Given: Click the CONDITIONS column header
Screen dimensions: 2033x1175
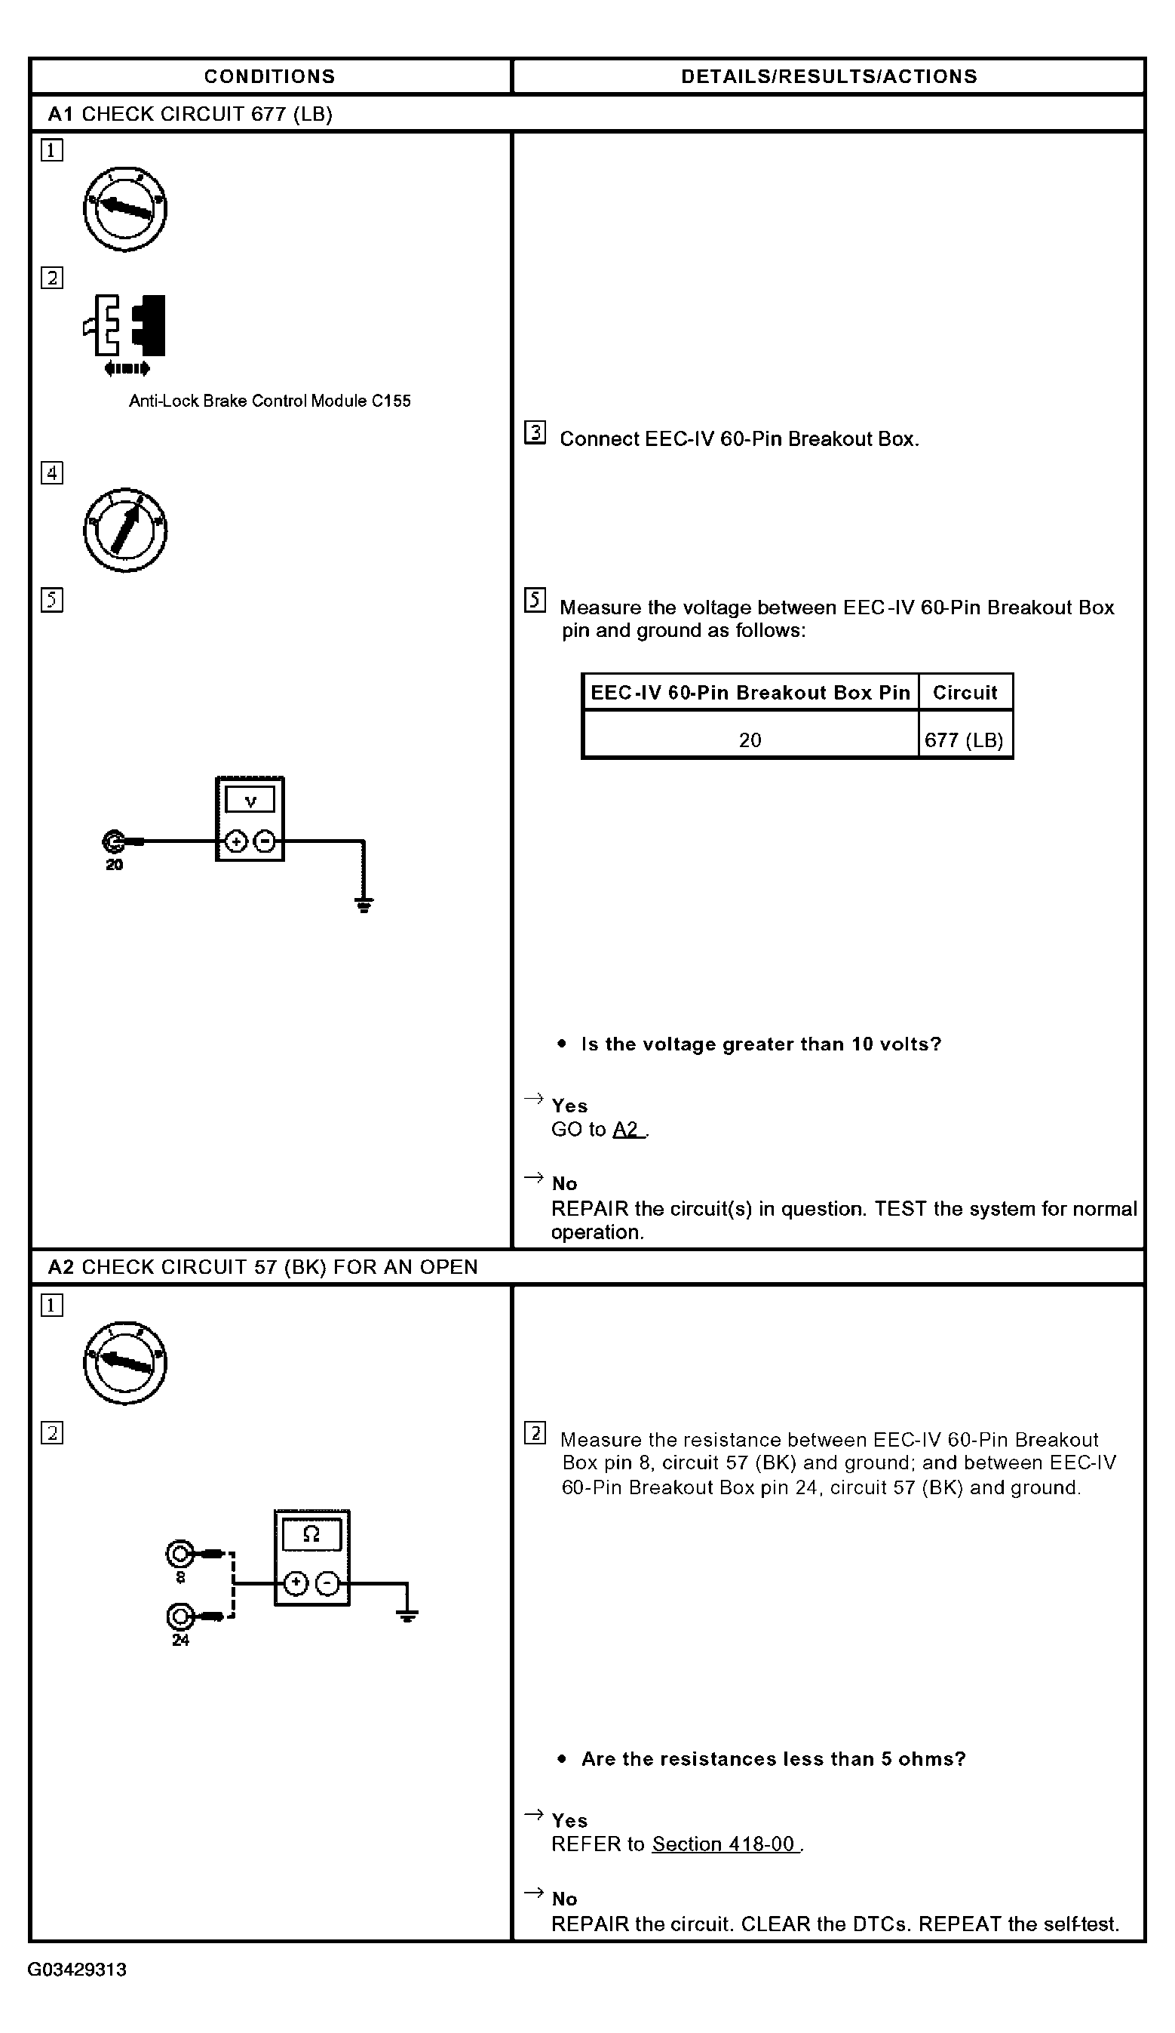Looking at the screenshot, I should pos(269,77).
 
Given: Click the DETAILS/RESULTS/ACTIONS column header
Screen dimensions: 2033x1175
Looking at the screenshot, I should pos(828,77).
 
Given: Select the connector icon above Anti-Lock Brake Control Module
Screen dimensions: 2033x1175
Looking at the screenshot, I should pos(126,331).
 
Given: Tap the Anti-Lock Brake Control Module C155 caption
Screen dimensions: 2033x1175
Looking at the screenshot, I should pos(269,401).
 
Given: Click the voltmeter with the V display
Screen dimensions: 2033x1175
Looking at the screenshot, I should pos(250,818).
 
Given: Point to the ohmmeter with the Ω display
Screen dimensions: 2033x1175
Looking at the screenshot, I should pos(312,1557).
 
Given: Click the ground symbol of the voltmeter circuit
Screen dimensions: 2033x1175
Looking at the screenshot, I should pos(364,904).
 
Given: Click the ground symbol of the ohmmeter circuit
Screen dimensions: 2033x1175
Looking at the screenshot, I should pos(407,1615).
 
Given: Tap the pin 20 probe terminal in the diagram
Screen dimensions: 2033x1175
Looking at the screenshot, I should pos(113,841).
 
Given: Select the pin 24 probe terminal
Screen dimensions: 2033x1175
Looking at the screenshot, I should pos(179,1616).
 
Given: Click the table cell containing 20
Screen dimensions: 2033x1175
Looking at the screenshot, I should pos(750,740).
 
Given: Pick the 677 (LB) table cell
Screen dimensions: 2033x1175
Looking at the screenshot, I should pos(964,740).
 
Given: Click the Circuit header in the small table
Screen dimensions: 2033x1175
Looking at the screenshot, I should pos(965,692).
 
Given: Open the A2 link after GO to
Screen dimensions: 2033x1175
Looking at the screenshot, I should pos(626,1130).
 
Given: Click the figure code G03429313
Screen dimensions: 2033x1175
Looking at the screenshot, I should pos(78,1970).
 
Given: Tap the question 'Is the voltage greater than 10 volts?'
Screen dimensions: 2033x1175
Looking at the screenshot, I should pos(760,1044).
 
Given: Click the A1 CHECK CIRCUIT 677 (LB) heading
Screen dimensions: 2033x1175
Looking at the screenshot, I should pos(190,114).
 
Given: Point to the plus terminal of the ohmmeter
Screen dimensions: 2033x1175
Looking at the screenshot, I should pos(296,1584).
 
